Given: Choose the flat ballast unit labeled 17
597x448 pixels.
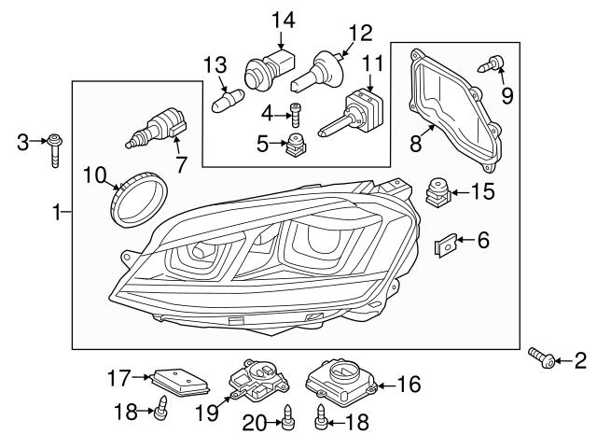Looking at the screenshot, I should (x=178, y=380).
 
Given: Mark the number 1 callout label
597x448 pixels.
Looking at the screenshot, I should (x=57, y=213).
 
